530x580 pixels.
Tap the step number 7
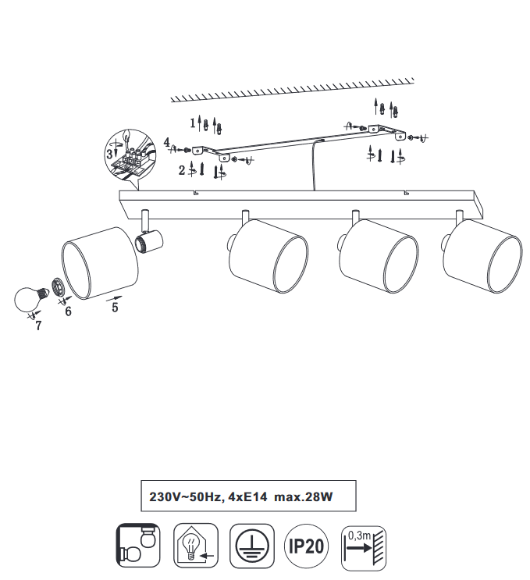point(38,326)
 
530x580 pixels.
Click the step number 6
point(68,311)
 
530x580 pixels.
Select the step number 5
point(115,307)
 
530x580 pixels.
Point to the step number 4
point(167,141)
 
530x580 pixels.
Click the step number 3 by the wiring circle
point(109,154)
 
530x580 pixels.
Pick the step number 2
point(182,170)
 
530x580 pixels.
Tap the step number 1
point(193,123)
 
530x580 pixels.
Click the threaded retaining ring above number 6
point(57,286)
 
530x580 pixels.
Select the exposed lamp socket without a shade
point(148,240)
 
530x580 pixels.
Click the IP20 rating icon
point(306,546)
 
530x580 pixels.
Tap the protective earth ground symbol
point(252,546)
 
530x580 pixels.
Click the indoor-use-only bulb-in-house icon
point(196,546)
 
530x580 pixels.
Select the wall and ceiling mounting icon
point(138,545)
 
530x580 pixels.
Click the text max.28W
point(304,496)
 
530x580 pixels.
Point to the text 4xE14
point(247,496)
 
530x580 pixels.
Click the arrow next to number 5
point(114,297)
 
